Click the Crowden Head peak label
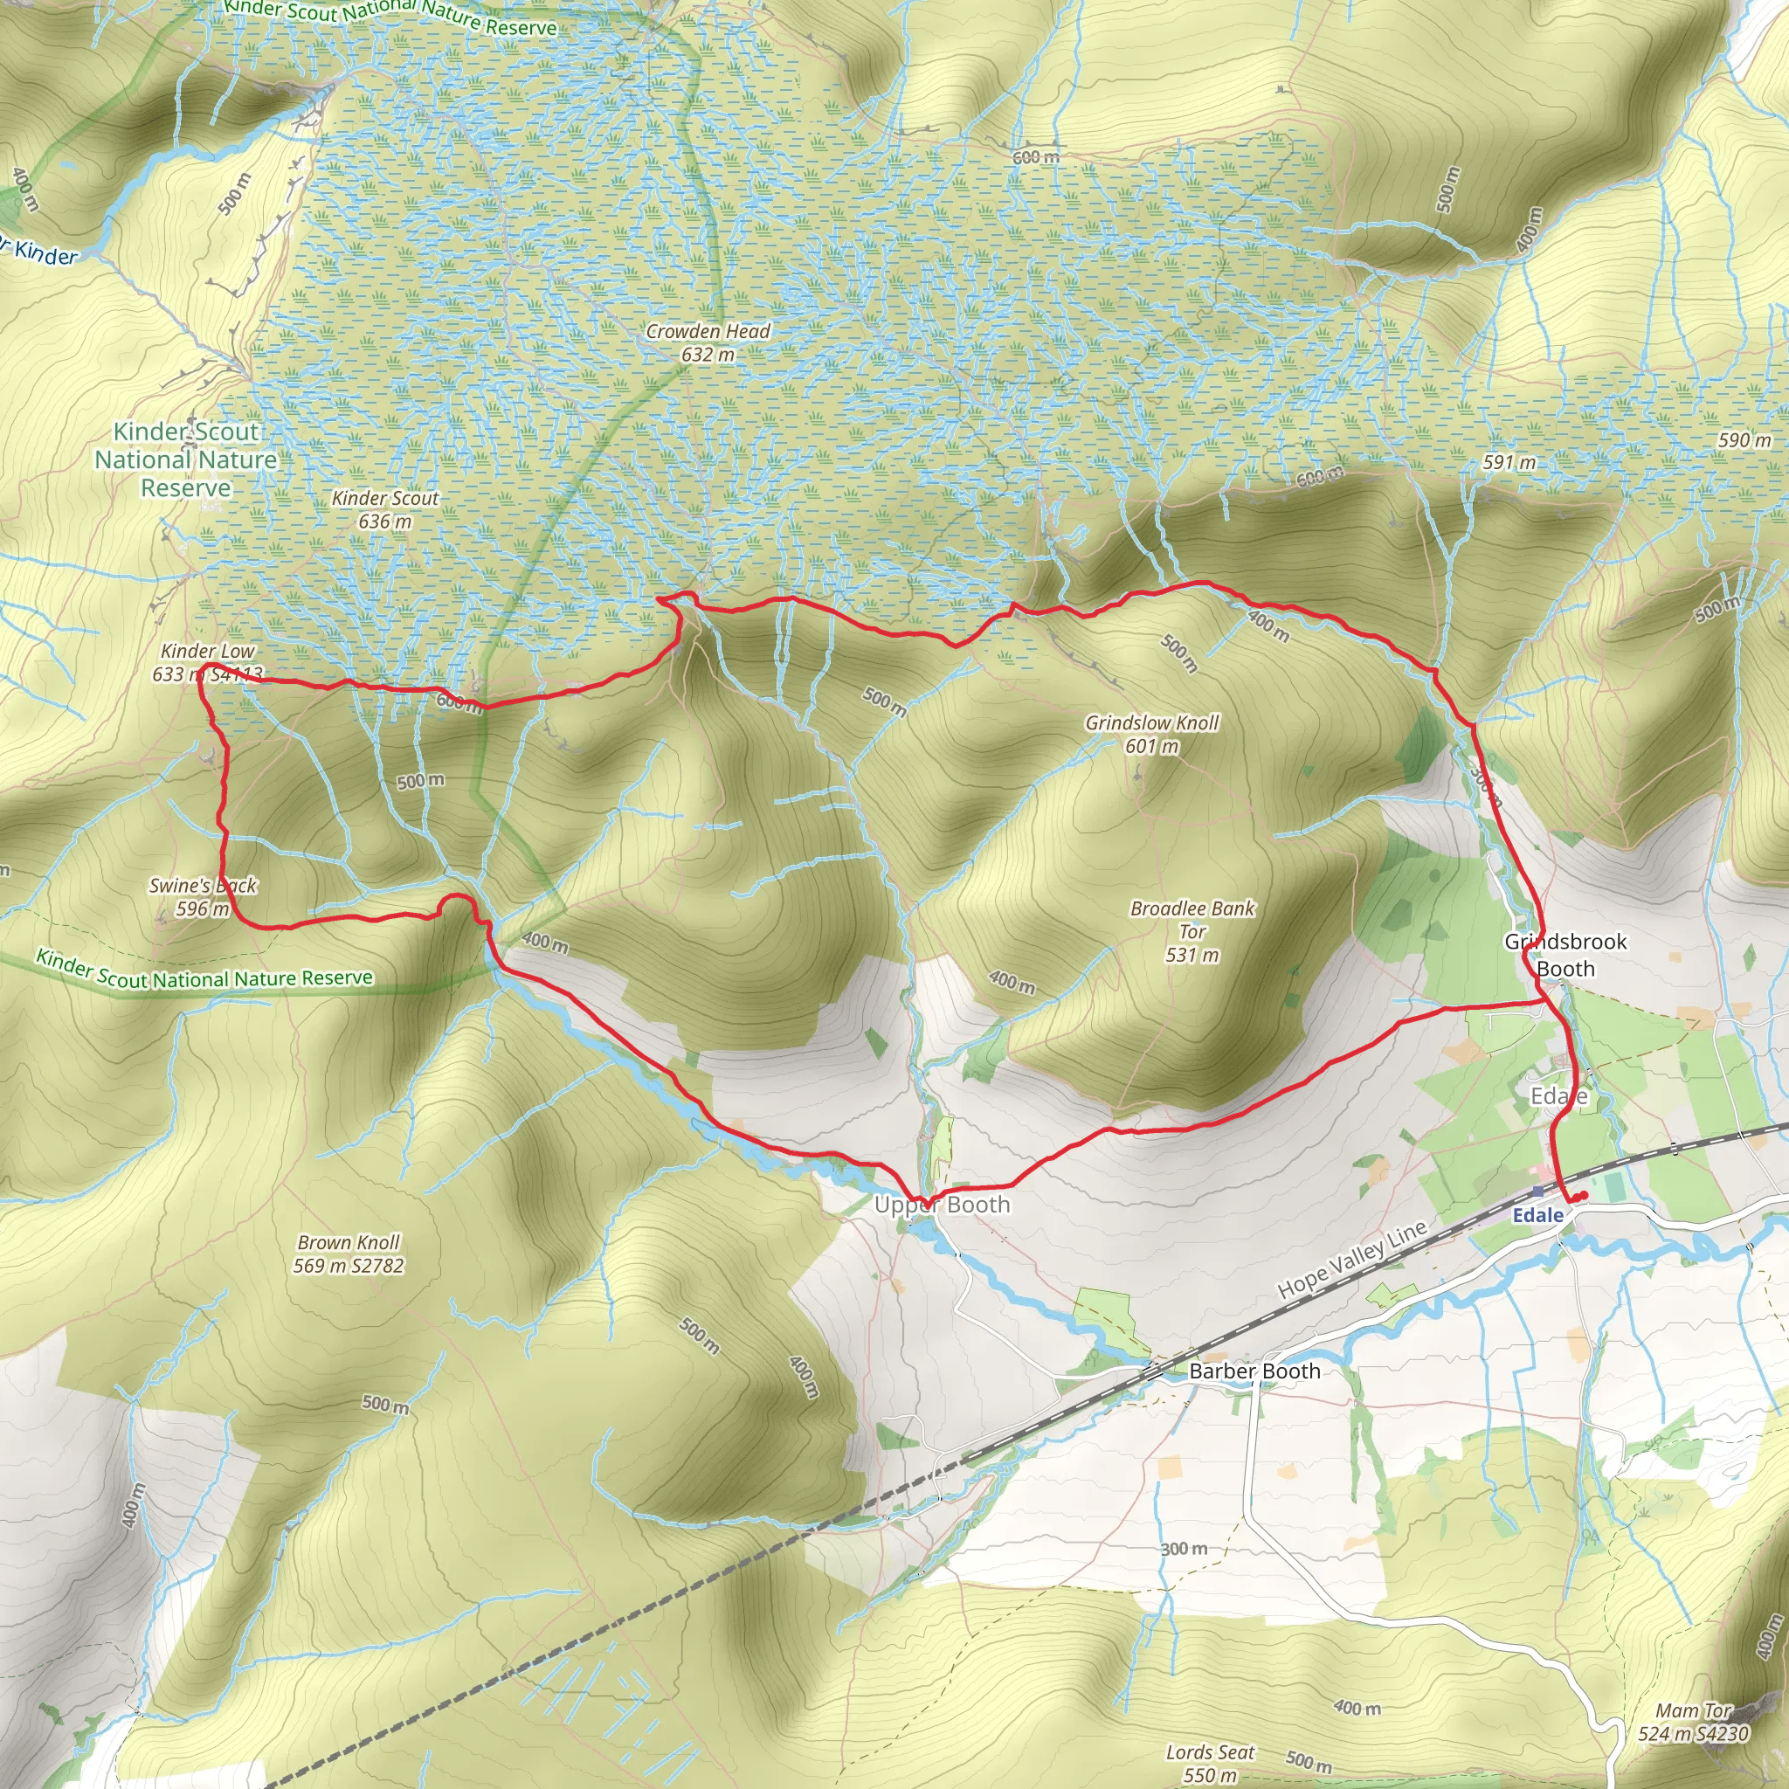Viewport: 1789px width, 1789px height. [708, 342]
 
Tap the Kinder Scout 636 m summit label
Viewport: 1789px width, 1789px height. [385, 508]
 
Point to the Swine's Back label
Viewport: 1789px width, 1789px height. [203, 895]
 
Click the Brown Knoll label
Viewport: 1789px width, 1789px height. [349, 1253]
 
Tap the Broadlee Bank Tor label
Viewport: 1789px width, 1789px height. [1192, 930]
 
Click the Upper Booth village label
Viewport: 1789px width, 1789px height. [942, 1205]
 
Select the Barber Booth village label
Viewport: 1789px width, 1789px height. [1254, 1371]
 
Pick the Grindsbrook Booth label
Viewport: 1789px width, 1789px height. [1565, 955]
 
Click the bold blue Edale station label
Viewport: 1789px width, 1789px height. [1537, 1215]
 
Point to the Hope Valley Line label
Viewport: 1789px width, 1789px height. [1352, 1260]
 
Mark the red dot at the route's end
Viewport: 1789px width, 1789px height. [1585, 1196]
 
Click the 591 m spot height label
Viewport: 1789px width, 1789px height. [1509, 462]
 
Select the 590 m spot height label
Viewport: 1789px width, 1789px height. [1744, 440]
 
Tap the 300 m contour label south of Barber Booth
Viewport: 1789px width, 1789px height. [1184, 1548]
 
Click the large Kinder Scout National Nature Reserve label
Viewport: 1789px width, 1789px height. [186, 459]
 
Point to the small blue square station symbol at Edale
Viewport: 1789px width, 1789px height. [1538, 1191]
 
